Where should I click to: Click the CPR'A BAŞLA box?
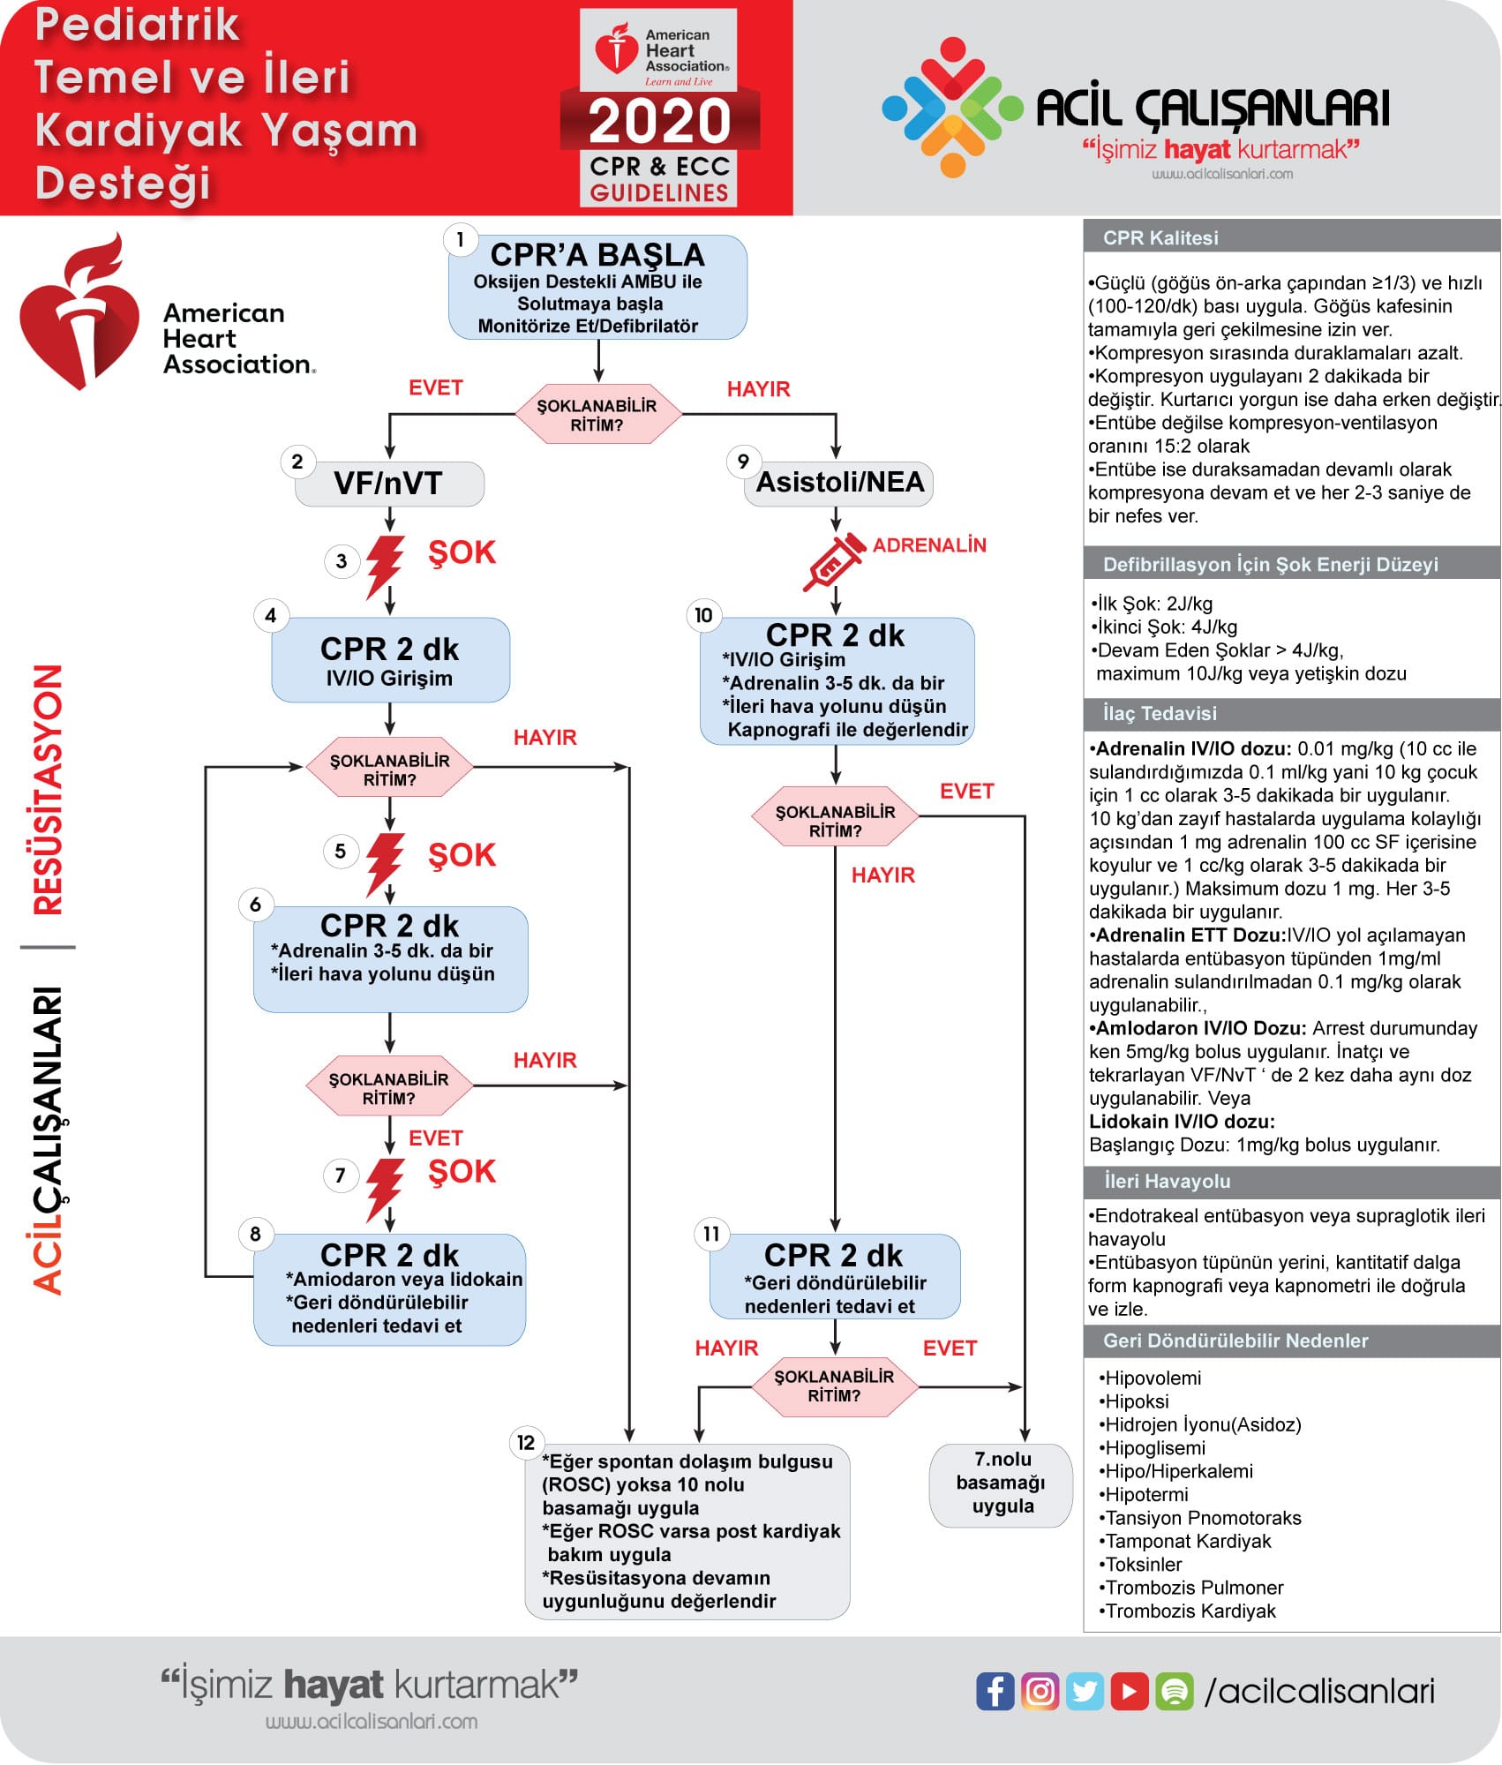click(x=597, y=288)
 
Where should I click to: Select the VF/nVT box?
click(x=389, y=484)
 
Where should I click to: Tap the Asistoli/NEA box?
click(x=839, y=483)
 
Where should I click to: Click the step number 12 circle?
click(x=526, y=1442)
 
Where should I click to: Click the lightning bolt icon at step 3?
click(x=385, y=565)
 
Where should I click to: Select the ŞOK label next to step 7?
click(x=462, y=1171)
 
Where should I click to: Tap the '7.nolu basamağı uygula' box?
click(x=1002, y=1483)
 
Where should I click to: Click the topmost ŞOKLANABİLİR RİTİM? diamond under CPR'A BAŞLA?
click(x=597, y=415)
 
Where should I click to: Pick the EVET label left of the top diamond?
click(x=435, y=387)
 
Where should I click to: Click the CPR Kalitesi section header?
click(x=1160, y=237)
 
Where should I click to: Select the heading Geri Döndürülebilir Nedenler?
click(x=1235, y=1341)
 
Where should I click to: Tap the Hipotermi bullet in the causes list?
click(x=1145, y=1494)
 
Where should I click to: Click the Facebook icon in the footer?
click(x=995, y=1691)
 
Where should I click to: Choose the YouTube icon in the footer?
click(x=1129, y=1691)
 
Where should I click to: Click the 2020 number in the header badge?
click(x=659, y=121)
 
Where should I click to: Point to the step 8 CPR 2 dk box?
click(x=389, y=1288)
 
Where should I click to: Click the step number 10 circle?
click(x=703, y=615)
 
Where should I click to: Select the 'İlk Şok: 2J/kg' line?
click(x=1153, y=604)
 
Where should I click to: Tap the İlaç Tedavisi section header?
click(x=1159, y=713)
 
